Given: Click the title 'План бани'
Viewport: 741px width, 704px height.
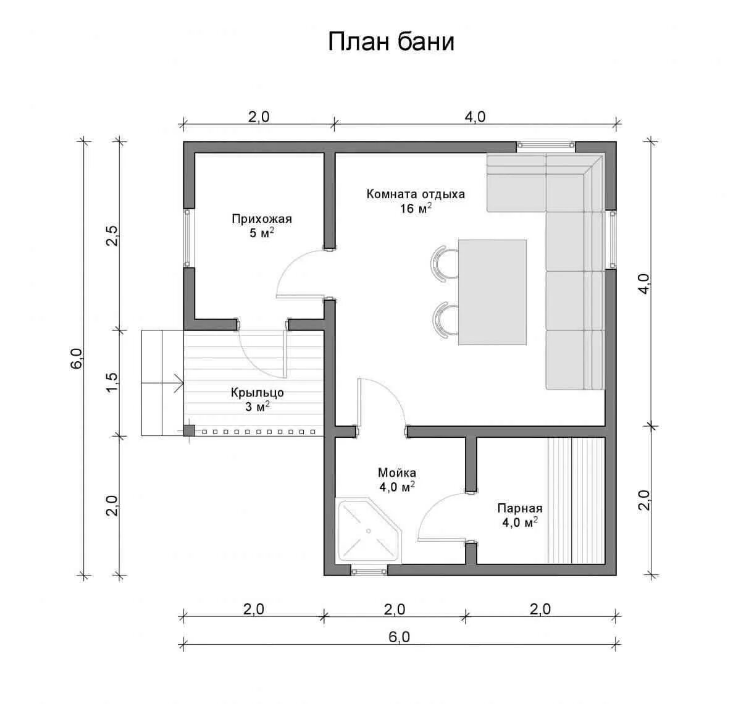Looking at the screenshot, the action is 391,42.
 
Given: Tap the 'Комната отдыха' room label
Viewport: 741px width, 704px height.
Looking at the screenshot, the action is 415,194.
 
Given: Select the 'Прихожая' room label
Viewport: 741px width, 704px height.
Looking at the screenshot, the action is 262,219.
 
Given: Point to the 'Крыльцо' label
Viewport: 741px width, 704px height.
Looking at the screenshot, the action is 257,392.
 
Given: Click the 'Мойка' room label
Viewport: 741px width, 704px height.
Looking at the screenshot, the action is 397,473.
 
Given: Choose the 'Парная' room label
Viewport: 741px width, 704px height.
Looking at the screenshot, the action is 519,508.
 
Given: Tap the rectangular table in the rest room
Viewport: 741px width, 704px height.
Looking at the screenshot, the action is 492,291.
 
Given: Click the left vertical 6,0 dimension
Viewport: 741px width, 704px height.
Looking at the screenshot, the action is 77,358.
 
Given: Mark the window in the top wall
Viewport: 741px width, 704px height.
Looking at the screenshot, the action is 545,145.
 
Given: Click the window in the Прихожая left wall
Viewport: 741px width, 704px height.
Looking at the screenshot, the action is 188,238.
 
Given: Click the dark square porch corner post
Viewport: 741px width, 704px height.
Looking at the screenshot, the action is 189,430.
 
